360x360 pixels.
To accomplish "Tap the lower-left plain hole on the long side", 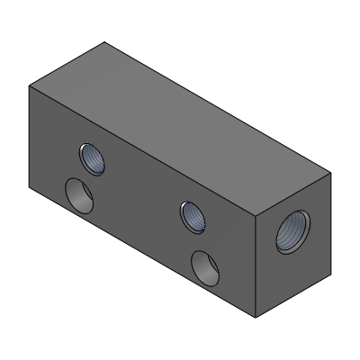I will pos(79,194).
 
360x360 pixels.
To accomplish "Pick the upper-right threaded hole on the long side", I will pos(193,217).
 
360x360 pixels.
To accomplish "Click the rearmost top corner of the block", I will pos(105,41).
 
